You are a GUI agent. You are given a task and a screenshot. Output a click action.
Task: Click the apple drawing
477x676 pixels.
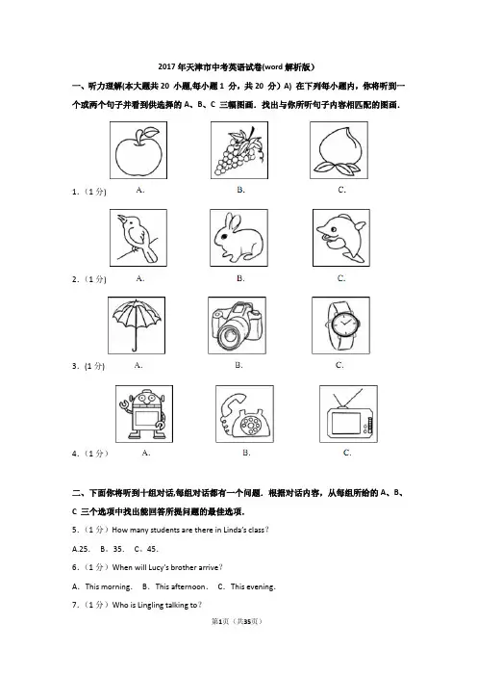tap(138, 152)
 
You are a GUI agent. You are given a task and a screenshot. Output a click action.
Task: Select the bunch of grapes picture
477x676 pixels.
tap(239, 150)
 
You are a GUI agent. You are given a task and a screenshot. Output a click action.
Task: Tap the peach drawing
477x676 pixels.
tap(338, 152)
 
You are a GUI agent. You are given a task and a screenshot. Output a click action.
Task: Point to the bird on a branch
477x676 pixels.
tap(137, 238)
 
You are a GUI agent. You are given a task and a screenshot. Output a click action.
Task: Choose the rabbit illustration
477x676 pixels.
tap(238, 238)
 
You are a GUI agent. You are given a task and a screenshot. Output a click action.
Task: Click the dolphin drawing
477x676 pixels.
tap(341, 237)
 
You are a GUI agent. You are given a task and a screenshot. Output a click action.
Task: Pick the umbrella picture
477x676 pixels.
tap(136, 325)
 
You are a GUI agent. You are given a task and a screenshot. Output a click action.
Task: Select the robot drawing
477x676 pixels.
tap(143, 415)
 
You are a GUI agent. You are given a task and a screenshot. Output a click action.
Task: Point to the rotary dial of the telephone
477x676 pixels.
tap(251, 425)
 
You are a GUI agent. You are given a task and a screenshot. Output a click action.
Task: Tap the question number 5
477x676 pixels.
tap(76, 530)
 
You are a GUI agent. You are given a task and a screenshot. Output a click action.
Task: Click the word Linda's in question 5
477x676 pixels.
tap(235, 530)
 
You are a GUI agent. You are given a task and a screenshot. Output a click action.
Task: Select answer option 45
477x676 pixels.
tap(152, 549)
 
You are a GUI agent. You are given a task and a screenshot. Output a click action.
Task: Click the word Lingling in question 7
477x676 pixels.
tap(151, 606)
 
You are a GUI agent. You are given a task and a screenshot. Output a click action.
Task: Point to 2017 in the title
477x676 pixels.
tap(166, 66)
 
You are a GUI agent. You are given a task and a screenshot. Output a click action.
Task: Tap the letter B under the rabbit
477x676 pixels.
tap(240, 278)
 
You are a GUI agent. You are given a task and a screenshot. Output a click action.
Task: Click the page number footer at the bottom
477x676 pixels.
tap(237, 621)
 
